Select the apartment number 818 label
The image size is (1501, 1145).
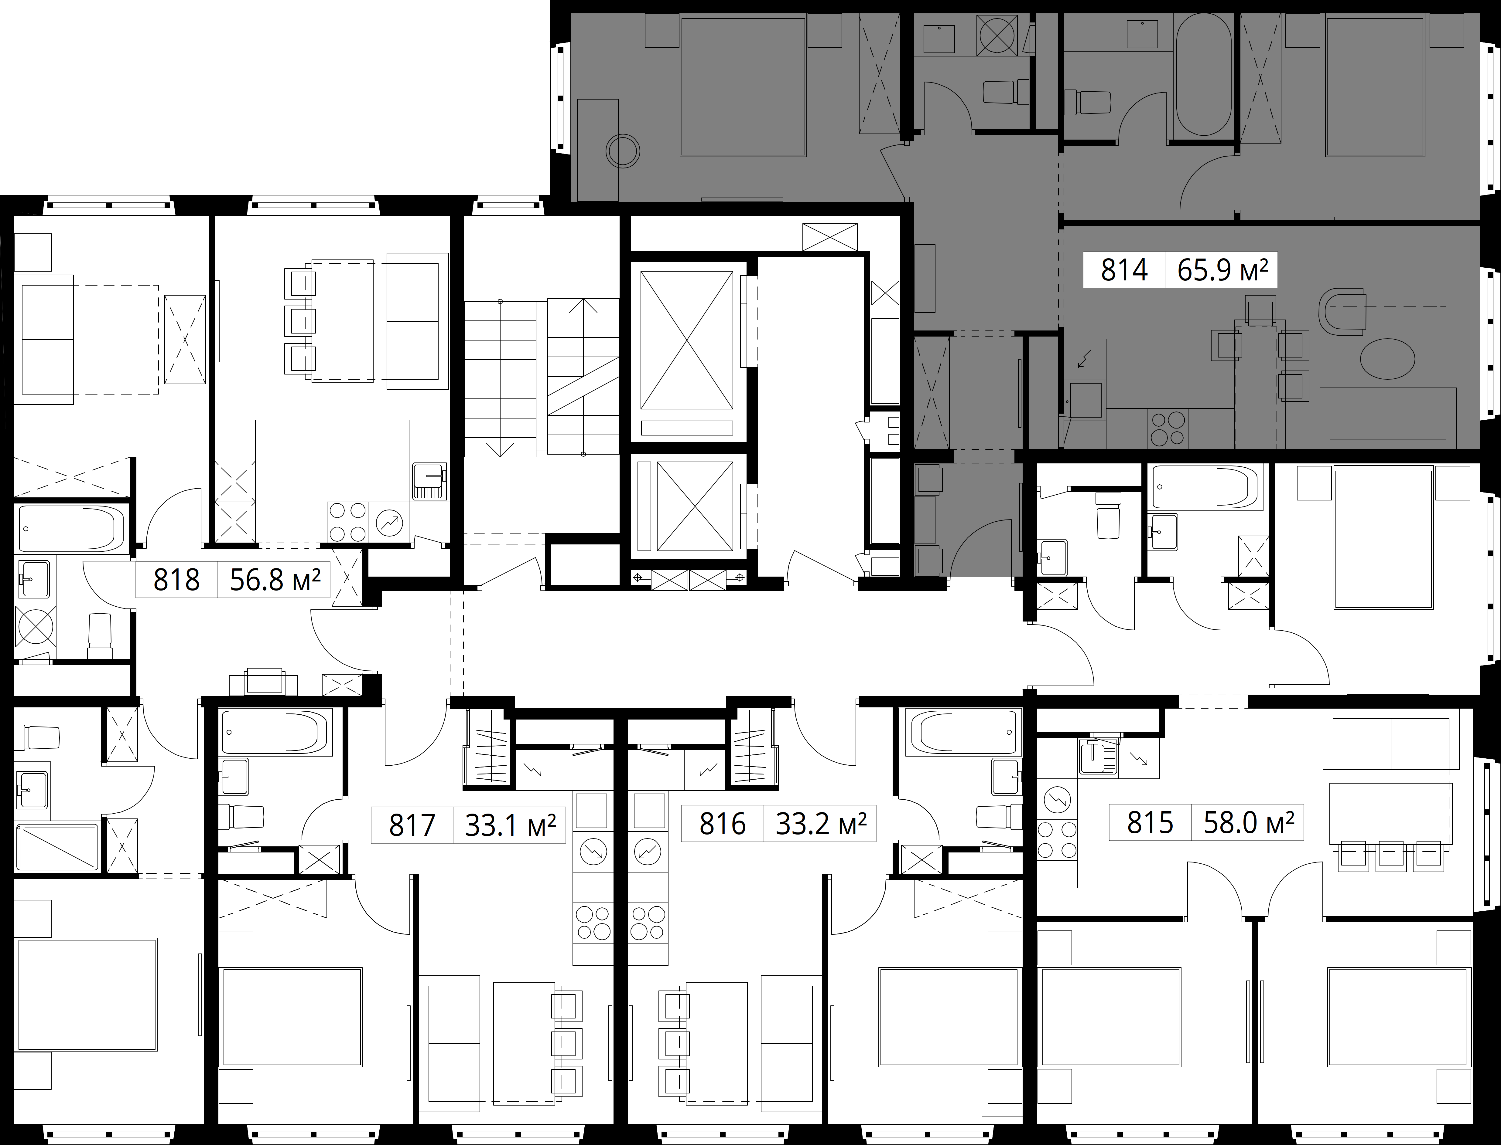tap(177, 580)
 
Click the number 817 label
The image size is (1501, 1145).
tap(412, 825)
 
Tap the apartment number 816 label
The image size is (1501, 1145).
tap(722, 825)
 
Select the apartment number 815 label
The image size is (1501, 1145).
tap(1150, 823)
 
